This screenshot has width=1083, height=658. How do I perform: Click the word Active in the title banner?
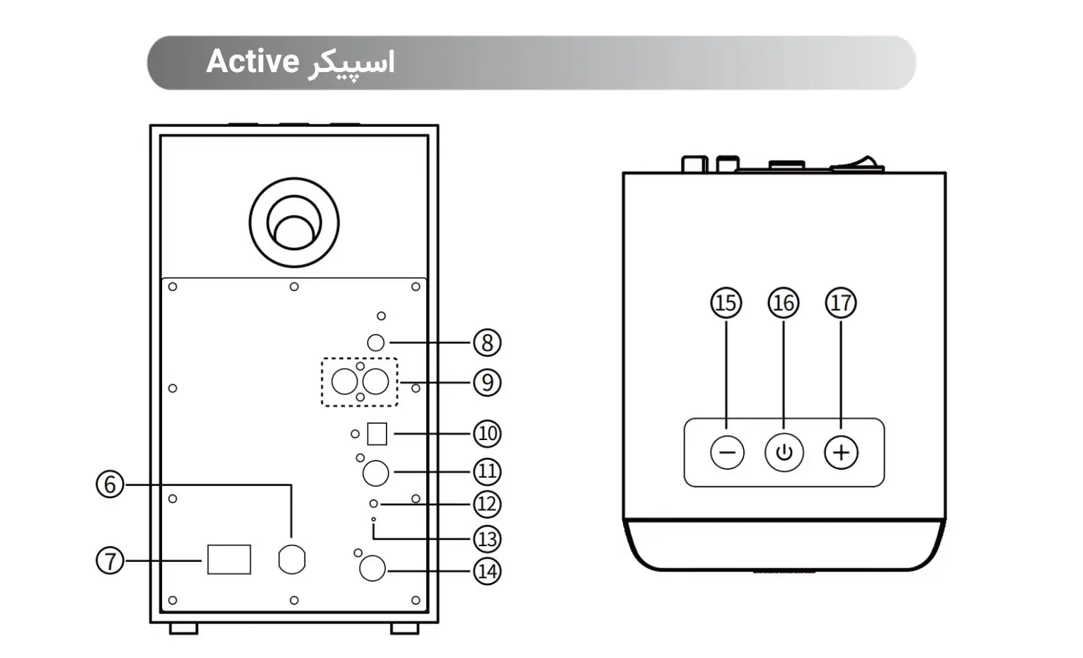(x=253, y=62)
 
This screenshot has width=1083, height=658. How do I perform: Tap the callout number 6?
(x=110, y=485)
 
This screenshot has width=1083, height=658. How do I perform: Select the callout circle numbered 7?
(x=110, y=561)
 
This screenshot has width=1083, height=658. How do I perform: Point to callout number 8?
(x=487, y=343)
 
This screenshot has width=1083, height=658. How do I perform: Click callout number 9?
(x=487, y=383)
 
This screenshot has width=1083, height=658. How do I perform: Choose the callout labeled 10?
(x=487, y=433)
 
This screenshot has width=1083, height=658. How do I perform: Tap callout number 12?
(x=487, y=504)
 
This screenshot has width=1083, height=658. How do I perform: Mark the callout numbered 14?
(x=487, y=572)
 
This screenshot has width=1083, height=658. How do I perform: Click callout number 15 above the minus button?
(x=726, y=303)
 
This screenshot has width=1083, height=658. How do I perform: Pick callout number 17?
(x=841, y=303)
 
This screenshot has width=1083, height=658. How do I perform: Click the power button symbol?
(x=784, y=453)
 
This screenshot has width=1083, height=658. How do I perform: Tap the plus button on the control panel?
(x=841, y=453)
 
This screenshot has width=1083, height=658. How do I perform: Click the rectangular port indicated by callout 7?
(x=229, y=560)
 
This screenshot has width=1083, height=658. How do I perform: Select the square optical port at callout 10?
(x=377, y=434)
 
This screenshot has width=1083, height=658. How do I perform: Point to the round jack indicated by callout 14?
(x=372, y=568)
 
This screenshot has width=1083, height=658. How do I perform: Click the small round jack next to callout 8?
(x=376, y=342)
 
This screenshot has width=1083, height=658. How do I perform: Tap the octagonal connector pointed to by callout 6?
(x=292, y=560)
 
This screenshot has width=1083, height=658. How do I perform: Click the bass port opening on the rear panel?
(x=294, y=223)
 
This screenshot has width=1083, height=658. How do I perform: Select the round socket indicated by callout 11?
(x=376, y=473)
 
